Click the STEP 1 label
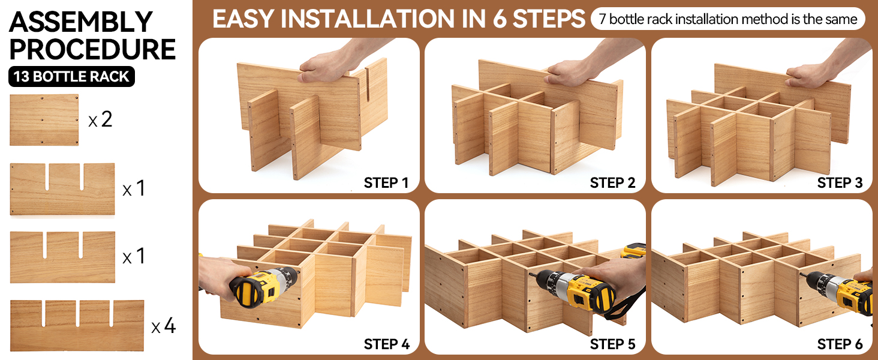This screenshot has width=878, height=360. pos(386,183)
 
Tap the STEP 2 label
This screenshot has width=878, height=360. pos(612,183)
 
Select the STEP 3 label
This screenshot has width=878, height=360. pos(840,183)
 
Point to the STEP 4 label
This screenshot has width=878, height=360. pos(386,344)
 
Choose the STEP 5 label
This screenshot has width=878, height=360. pos(612,344)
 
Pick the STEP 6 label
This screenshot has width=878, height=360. pos(840,344)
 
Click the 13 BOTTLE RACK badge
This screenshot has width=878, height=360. pos(72,76)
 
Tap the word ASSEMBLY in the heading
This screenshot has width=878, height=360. pos(81,22)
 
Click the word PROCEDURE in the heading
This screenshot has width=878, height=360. pos(92,49)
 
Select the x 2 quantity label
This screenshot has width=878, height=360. pos(101,119)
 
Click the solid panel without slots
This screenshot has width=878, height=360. pos(44,119)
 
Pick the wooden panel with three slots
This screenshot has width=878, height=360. pos(77,325)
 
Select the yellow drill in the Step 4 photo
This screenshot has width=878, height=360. pos(263,286)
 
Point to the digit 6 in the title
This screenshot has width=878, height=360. pos(500,19)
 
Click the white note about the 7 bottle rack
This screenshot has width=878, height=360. pos(728,19)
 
